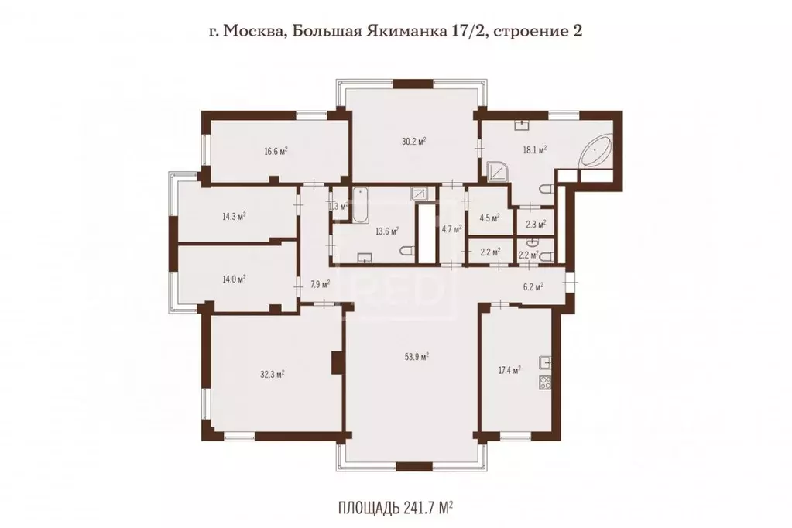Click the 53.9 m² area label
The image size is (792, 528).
point(417,357)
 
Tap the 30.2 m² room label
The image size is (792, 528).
point(415,142)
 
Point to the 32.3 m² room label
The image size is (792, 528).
point(273,374)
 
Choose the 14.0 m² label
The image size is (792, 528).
point(234,279)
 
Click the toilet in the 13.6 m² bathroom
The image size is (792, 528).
point(407,252)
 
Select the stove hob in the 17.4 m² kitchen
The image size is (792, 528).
point(544,381)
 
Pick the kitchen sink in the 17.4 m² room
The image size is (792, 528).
point(545,362)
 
